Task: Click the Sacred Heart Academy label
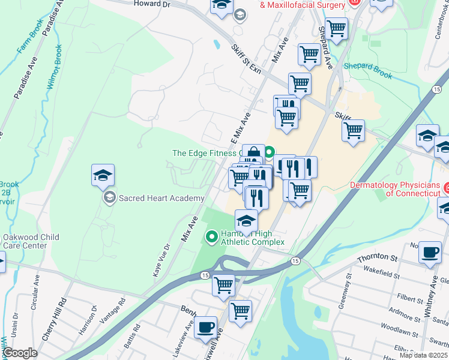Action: click(161, 198)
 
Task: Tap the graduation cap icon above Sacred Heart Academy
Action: click(103, 176)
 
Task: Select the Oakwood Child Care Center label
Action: click(31, 241)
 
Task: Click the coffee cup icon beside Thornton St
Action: click(429, 252)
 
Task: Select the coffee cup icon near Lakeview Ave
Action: click(206, 327)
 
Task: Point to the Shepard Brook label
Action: click(368, 71)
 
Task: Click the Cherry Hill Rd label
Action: click(55, 318)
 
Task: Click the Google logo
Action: click(20, 353)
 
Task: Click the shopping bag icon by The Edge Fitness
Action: click(253, 154)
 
